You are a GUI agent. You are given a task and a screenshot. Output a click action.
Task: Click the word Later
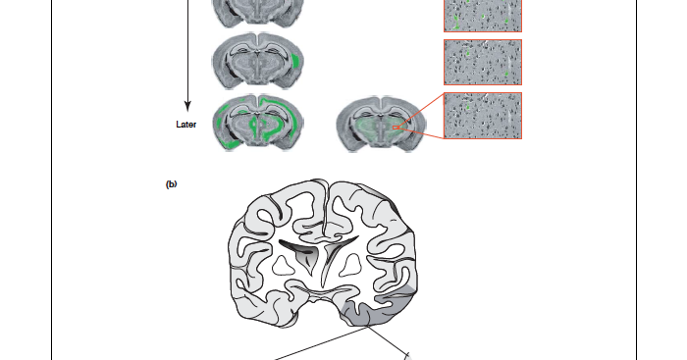[x=185, y=125]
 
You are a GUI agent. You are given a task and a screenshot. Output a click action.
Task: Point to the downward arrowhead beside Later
[x=186, y=104]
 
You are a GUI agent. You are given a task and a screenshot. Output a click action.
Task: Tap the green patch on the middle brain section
[x=295, y=61]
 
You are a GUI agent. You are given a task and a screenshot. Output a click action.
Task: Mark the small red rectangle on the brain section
[x=396, y=127]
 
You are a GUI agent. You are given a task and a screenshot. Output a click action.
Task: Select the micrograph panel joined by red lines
[x=483, y=116]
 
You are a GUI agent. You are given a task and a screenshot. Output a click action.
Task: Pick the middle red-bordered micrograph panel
[x=483, y=62]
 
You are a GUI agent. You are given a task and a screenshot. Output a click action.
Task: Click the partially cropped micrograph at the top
[x=483, y=15]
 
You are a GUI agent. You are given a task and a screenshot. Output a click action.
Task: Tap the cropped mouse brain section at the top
[x=258, y=12]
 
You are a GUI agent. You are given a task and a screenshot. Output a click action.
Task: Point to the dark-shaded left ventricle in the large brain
[x=298, y=246]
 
